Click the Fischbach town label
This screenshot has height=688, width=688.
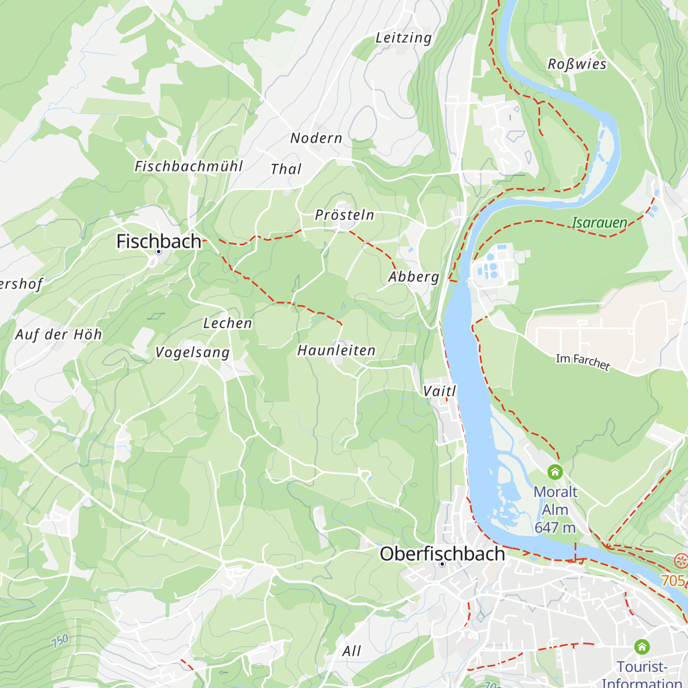point(159,241)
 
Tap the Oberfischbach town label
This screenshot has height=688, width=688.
point(442,554)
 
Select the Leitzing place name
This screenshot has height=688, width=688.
point(403,38)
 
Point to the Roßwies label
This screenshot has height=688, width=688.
point(577,64)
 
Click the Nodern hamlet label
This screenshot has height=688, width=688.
point(316,138)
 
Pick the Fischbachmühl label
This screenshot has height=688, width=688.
point(189,166)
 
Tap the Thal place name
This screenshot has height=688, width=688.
point(286,169)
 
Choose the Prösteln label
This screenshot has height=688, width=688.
point(345,215)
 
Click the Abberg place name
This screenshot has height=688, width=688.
point(413,277)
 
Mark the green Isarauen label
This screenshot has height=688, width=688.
point(599,222)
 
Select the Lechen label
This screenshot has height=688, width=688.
point(228,323)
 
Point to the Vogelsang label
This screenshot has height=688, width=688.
point(193,353)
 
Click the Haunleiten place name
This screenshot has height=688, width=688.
point(336,350)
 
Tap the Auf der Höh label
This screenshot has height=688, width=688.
point(58,335)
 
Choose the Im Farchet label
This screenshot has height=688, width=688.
point(583,362)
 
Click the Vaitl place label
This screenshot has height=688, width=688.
point(439,391)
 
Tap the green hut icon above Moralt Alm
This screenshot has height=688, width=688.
point(555,472)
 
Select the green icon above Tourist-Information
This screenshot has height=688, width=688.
point(642,647)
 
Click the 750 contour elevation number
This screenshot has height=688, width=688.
point(60,640)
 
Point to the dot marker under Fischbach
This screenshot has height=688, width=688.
point(159,252)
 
